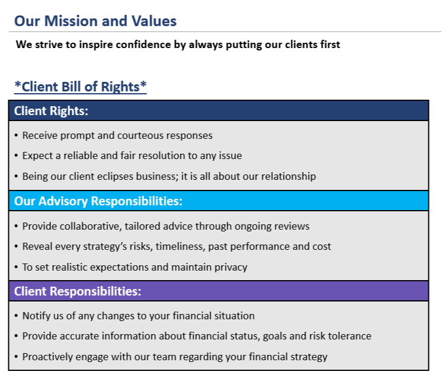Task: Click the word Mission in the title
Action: (71, 21)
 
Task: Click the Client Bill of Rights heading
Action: (81, 86)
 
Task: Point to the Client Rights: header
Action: (51, 111)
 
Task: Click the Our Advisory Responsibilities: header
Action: (98, 201)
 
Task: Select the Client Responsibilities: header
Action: (78, 291)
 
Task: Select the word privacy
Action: (231, 267)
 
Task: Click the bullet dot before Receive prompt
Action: (16, 136)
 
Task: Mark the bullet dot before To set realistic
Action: (16, 267)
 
